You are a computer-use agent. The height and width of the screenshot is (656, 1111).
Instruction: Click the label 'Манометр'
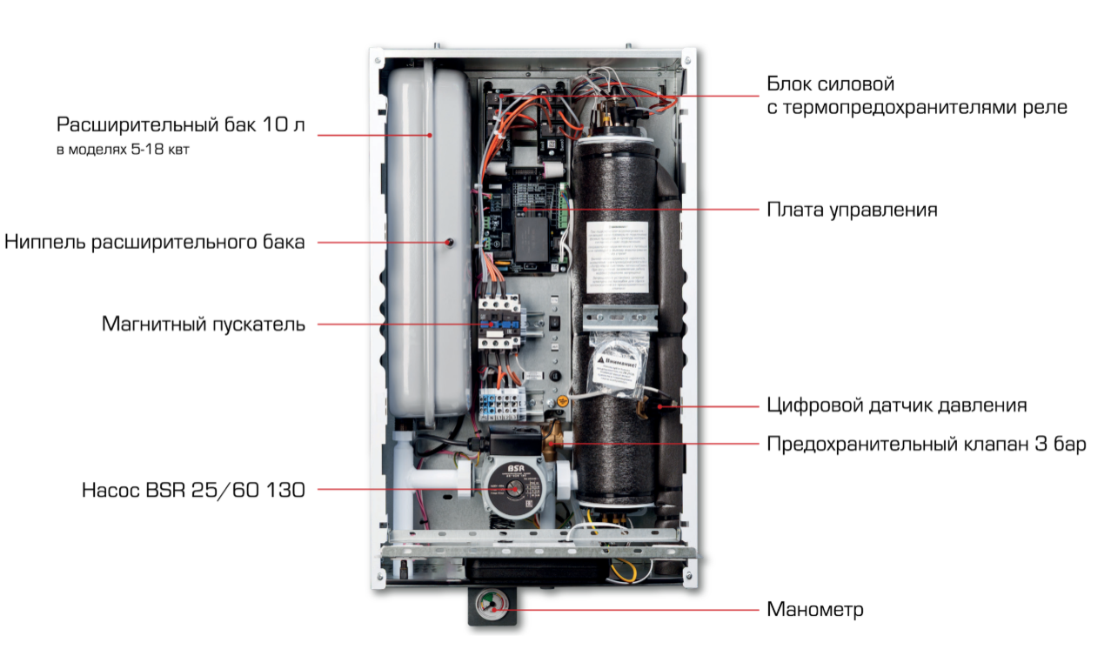click(815, 609)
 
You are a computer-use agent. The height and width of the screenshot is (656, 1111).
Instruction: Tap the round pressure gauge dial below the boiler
click(492, 607)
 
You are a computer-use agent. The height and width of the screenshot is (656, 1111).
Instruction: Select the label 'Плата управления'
click(852, 210)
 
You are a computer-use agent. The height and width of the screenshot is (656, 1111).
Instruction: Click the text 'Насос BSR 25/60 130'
click(193, 490)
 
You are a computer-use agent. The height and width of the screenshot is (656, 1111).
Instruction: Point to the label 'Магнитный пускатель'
click(204, 325)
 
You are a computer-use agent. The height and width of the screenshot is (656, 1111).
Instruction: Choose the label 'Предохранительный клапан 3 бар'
click(926, 445)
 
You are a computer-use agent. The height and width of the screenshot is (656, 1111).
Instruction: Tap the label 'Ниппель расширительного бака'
click(155, 242)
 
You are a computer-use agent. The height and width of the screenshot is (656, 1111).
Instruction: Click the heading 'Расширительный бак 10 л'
click(181, 125)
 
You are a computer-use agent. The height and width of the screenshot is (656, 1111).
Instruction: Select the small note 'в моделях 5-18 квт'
click(123, 150)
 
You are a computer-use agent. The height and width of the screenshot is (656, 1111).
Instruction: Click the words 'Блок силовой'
click(830, 84)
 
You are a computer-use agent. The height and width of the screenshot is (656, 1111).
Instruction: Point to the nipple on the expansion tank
click(450, 243)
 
